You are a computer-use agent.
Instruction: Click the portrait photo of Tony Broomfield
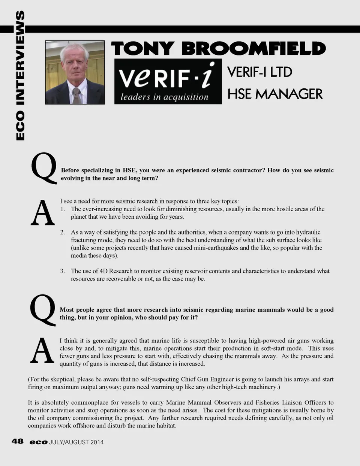(x=75, y=72)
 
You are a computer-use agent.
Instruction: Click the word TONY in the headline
(x=142, y=49)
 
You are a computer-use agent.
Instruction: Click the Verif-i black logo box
(x=168, y=81)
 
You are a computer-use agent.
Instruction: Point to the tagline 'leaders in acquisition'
(x=164, y=97)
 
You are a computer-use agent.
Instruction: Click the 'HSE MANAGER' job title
(x=275, y=94)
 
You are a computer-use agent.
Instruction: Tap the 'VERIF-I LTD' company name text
(x=259, y=72)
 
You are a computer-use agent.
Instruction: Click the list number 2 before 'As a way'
(x=63, y=232)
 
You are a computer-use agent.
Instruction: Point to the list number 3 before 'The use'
(x=63, y=271)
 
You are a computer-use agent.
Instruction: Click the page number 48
(x=18, y=441)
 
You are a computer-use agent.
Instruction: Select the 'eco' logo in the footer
(x=39, y=442)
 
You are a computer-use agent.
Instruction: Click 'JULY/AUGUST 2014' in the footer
(x=76, y=442)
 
